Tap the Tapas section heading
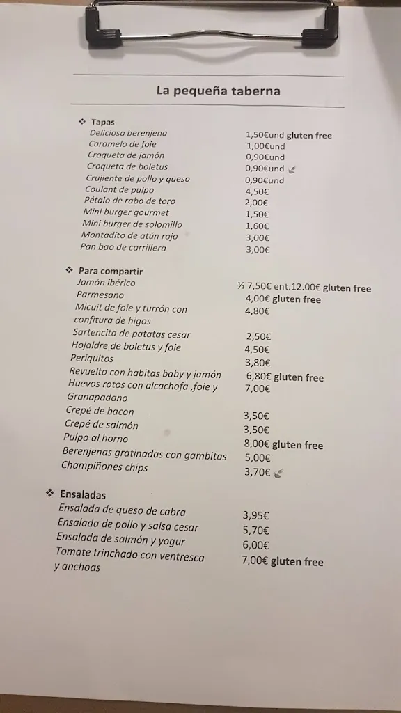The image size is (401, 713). (102, 122)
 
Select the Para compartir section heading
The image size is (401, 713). (110, 271)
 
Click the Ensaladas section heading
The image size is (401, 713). (82, 495)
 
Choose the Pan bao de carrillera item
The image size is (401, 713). (123, 246)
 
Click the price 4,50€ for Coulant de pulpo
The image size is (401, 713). (257, 191)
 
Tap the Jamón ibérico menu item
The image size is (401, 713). (106, 283)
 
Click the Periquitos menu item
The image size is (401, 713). (92, 359)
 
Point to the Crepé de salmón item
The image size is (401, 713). (101, 425)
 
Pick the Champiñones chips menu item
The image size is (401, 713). (104, 467)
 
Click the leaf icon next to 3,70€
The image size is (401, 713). (278, 473)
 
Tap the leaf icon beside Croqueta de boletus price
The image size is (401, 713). (292, 169)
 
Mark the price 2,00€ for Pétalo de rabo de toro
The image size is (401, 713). (256, 203)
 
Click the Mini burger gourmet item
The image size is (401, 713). (126, 212)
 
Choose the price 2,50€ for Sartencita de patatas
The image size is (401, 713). (258, 336)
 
